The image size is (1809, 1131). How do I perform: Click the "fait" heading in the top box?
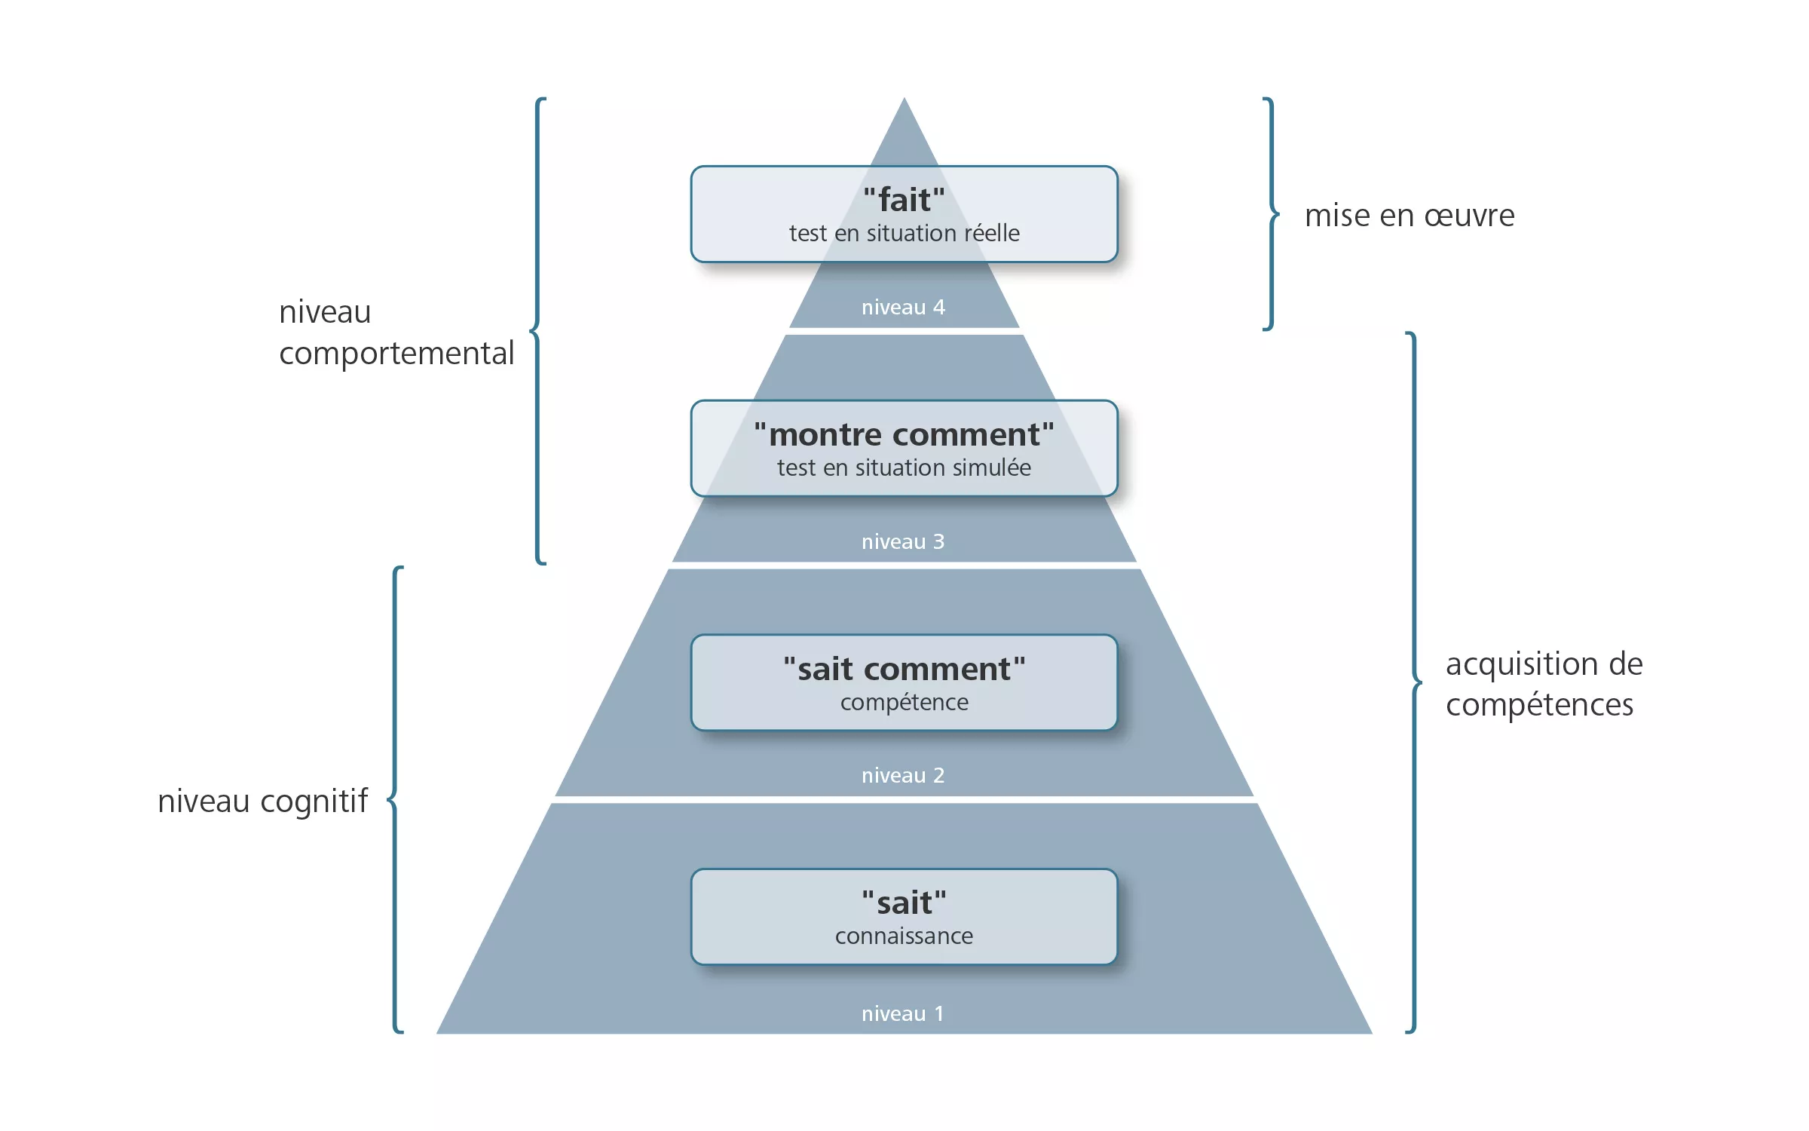click(904, 201)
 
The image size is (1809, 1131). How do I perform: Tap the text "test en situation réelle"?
click(904, 234)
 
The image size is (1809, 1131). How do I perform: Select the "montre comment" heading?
click(904, 435)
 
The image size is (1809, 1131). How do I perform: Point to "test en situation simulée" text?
click(904, 468)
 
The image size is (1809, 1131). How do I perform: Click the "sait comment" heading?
click(904, 670)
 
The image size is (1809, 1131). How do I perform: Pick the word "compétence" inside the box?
click(904, 703)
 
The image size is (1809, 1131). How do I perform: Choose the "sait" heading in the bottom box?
click(904, 903)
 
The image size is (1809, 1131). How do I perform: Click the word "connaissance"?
click(904, 936)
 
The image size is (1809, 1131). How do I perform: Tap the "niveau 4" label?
click(903, 308)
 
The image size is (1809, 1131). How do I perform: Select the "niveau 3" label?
click(903, 542)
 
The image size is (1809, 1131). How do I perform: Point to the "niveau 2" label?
click(903, 776)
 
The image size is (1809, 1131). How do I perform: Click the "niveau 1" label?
click(903, 1014)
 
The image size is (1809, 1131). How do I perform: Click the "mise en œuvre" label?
click(1410, 216)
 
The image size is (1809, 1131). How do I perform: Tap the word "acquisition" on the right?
click(1522, 664)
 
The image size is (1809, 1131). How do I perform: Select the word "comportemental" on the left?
click(396, 354)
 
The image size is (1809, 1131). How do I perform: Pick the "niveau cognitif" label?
click(262, 801)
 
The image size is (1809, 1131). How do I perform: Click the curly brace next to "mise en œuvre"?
click(1272, 214)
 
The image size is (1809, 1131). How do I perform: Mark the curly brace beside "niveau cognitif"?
click(395, 799)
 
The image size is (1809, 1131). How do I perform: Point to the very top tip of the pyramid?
click(904, 101)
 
